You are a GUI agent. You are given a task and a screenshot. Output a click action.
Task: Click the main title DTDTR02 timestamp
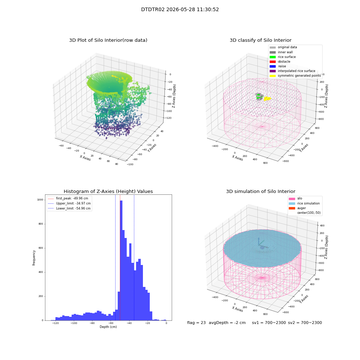pyautogui.click(x=180, y=9)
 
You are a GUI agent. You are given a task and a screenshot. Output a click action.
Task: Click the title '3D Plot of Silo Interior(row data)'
pyautogui.click(x=108, y=40)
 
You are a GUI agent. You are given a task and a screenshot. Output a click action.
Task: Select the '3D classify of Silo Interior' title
pyautogui.click(x=261, y=40)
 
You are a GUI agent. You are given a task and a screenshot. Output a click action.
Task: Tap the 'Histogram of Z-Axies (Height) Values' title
pyautogui.click(x=108, y=191)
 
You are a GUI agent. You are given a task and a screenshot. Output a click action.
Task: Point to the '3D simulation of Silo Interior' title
pyautogui.click(x=261, y=191)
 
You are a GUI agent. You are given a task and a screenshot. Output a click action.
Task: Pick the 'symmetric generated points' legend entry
pyautogui.click(x=295, y=76)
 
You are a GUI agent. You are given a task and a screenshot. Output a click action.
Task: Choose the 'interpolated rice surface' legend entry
pyautogui.click(x=292, y=71)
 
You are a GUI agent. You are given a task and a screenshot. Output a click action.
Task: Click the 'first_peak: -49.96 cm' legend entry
pyautogui.click(x=68, y=198)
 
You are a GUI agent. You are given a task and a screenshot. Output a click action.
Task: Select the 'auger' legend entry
pyautogui.click(x=297, y=208)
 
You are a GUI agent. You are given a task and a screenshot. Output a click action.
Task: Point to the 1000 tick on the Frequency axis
pyautogui.click(x=40, y=200)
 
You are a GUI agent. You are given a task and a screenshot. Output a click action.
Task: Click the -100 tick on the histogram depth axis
pyautogui.click(x=74, y=323)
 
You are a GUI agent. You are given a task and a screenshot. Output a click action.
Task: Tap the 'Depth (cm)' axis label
pyautogui.click(x=108, y=327)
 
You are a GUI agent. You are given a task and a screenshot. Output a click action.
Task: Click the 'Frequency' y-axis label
pyautogui.click(x=34, y=258)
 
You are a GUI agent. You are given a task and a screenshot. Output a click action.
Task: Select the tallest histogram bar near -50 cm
pyautogui.click(x=121, y=260)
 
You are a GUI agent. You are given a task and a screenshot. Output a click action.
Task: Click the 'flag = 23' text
pyautogui.click(x=196, y=323)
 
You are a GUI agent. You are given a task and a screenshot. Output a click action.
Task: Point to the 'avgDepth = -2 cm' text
pyautogui.click(x=227, y=323)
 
